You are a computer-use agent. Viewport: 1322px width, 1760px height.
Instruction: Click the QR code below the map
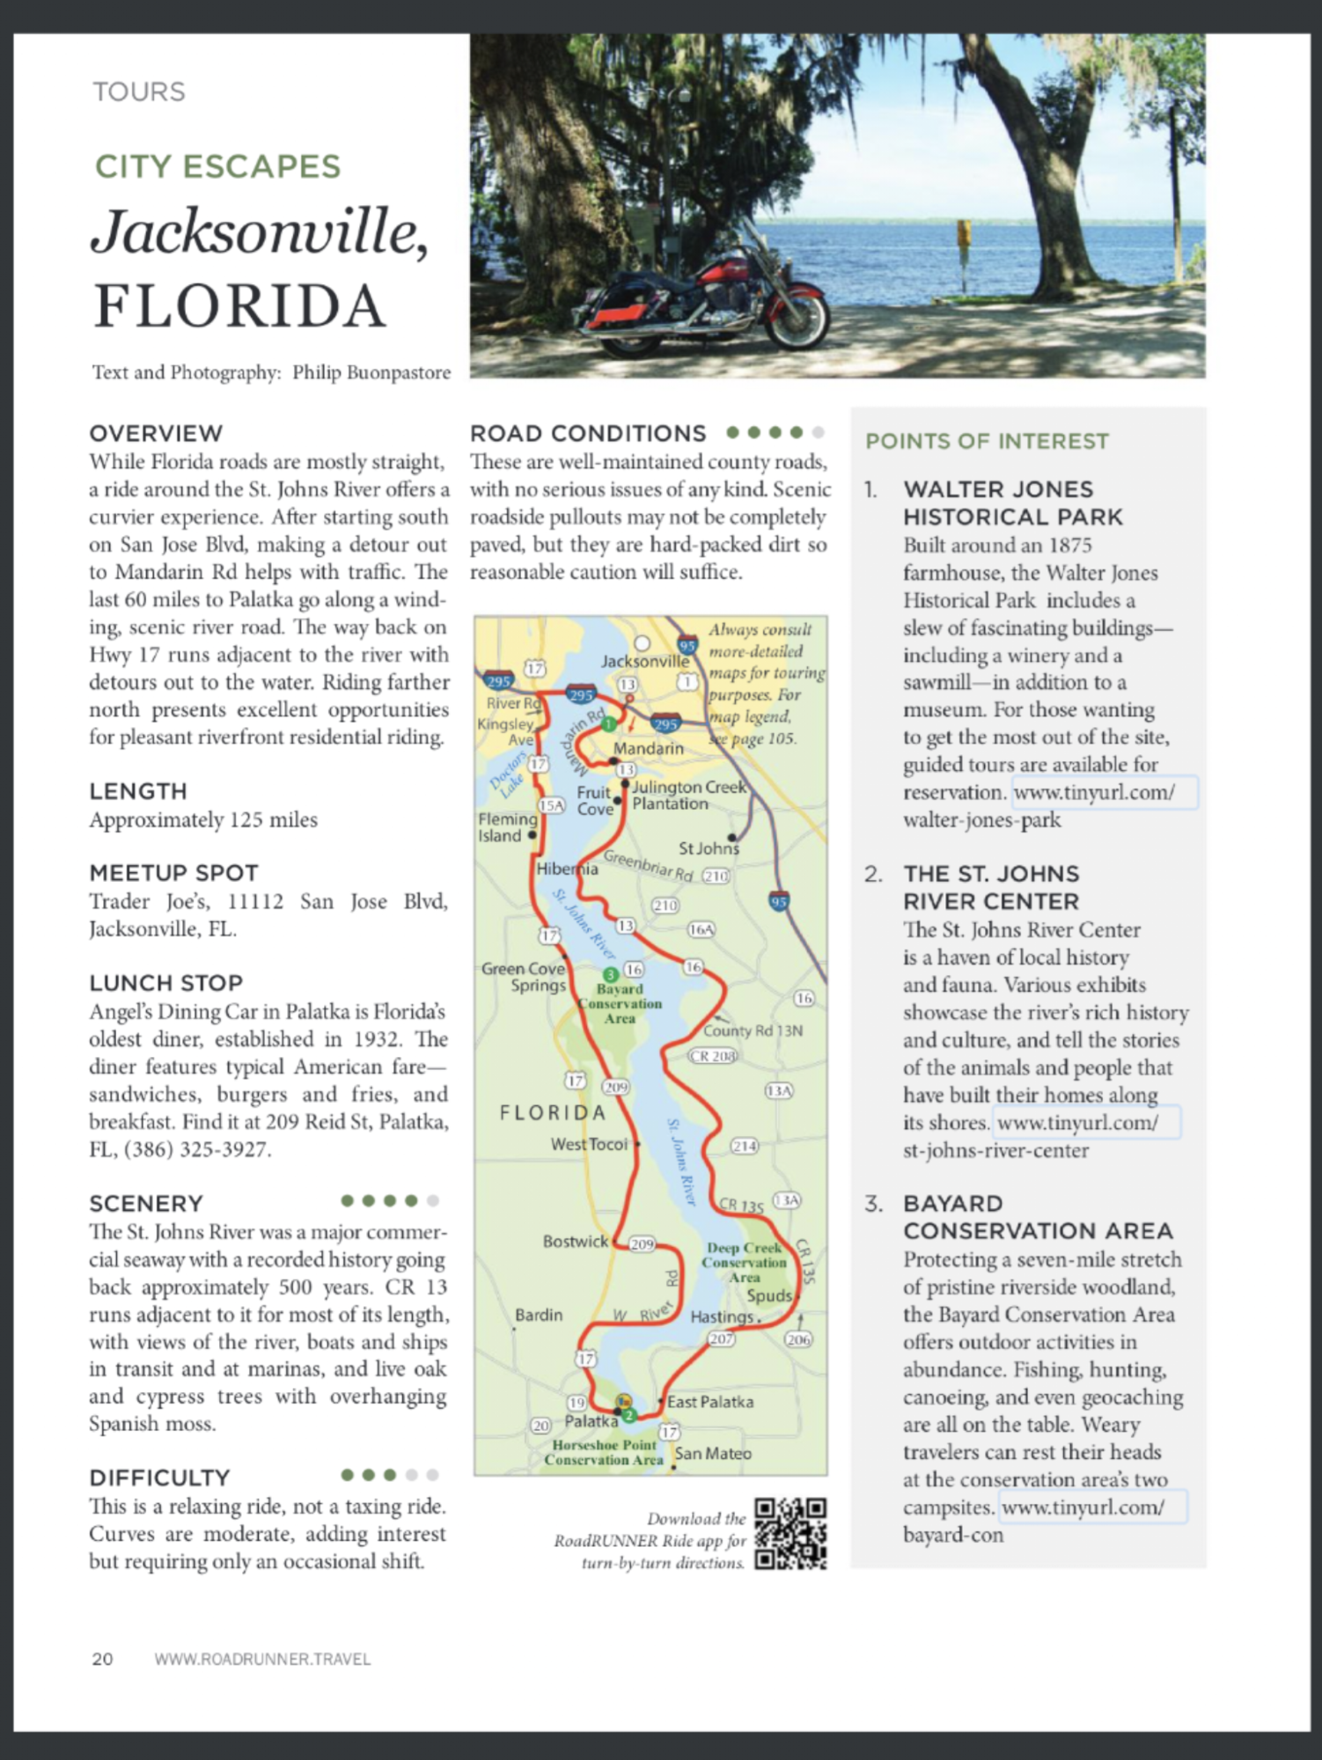tap(790, 1533)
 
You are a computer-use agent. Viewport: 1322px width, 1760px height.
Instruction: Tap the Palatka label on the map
tap(591, 1420)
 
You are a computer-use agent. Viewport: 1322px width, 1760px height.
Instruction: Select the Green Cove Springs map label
tap(524, 977)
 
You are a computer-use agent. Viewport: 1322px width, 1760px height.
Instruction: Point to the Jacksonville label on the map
tap(644, 661)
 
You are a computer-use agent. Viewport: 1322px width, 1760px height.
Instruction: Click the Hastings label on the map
tap(722, 1316)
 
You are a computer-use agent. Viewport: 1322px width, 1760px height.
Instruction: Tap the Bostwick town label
tap(576, 1241)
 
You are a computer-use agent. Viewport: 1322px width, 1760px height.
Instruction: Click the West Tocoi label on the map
tap(589, 1144)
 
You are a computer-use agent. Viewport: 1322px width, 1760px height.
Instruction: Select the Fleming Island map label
tap(507, 826)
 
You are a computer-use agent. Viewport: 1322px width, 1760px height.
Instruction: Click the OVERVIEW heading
tap(156, 433)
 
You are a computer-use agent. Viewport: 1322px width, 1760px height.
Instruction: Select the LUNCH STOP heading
tap(165, 982)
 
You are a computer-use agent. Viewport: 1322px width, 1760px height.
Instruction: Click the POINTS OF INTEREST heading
tap(987, 441)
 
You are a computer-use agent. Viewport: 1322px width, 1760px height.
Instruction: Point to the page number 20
tap(102, 1659)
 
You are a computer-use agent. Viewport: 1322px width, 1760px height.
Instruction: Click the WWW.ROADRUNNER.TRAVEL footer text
tap(262, 1659)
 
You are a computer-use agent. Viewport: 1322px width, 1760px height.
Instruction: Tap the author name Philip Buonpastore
tap(371, 372)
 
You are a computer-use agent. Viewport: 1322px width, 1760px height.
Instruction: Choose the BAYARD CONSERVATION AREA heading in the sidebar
tap(1038, 1217)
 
